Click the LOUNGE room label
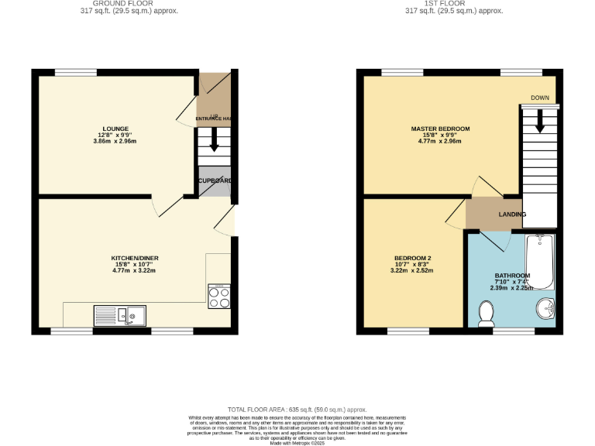point(115,129)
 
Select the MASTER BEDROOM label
point(440,129)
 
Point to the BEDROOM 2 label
point(412,258)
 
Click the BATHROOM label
point(512,276)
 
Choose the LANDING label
point(512,214)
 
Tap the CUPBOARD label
point(215,180)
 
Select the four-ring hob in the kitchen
point(219,297)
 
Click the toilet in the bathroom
point(487,313)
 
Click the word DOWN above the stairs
point(540,98)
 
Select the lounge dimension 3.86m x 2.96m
point(115,142)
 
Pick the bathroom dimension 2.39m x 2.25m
point(512,288)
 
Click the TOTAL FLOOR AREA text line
point(297,409)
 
